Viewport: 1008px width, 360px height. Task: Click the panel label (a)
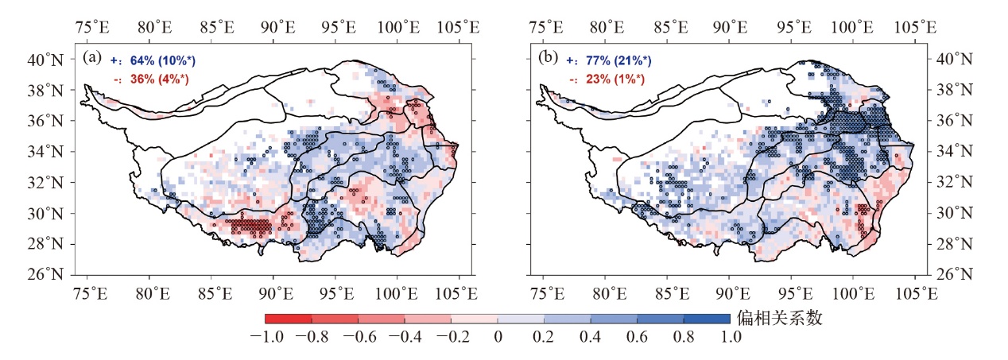[91, 58]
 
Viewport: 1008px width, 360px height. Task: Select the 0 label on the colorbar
[498, 337]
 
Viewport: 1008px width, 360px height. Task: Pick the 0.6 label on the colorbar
[637, 337]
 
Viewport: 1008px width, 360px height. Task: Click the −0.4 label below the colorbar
[405, 337]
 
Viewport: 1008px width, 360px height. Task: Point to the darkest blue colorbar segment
[707, 319]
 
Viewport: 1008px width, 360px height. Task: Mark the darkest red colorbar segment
[288, 319]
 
